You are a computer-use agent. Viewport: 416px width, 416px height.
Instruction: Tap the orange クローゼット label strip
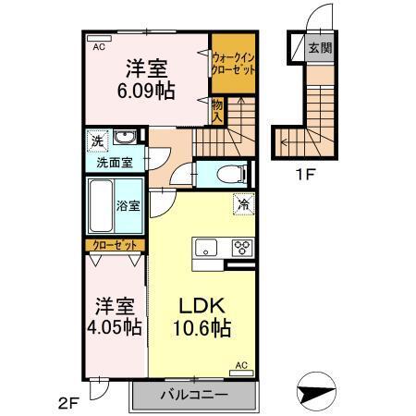[x=116, y=245]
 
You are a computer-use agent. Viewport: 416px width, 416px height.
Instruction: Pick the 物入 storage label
[x=217, y=112]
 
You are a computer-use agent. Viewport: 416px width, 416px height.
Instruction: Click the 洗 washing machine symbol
[x=97, y=141]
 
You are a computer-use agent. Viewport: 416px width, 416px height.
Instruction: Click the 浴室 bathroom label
[x=128, y=206]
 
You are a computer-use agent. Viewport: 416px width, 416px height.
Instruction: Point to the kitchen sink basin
[x=205, y=247]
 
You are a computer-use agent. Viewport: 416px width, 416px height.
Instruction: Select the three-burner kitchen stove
[x=242, y=247]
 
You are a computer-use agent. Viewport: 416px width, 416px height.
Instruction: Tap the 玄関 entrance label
[x=320, y=48]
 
